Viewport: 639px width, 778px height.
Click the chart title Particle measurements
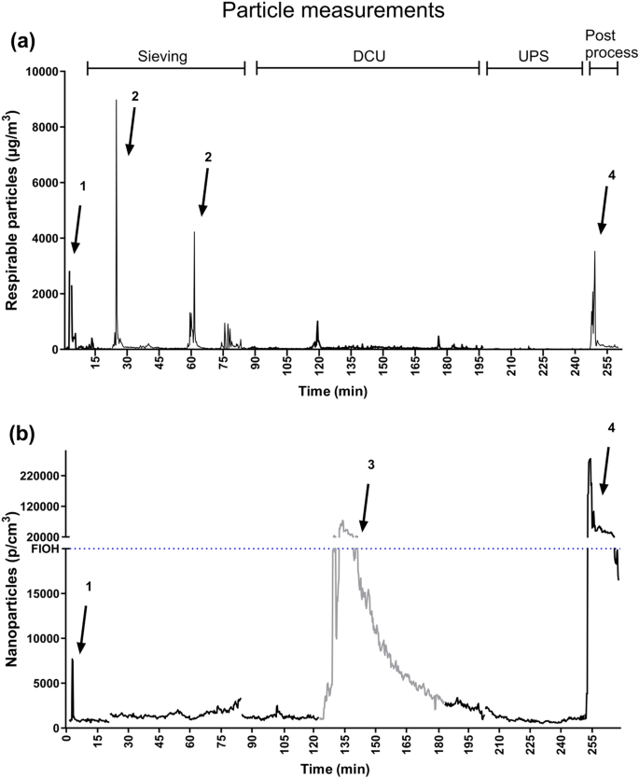319,14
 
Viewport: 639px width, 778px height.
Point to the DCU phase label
368,56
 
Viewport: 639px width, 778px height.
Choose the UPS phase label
534,56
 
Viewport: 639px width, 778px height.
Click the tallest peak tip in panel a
116,101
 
